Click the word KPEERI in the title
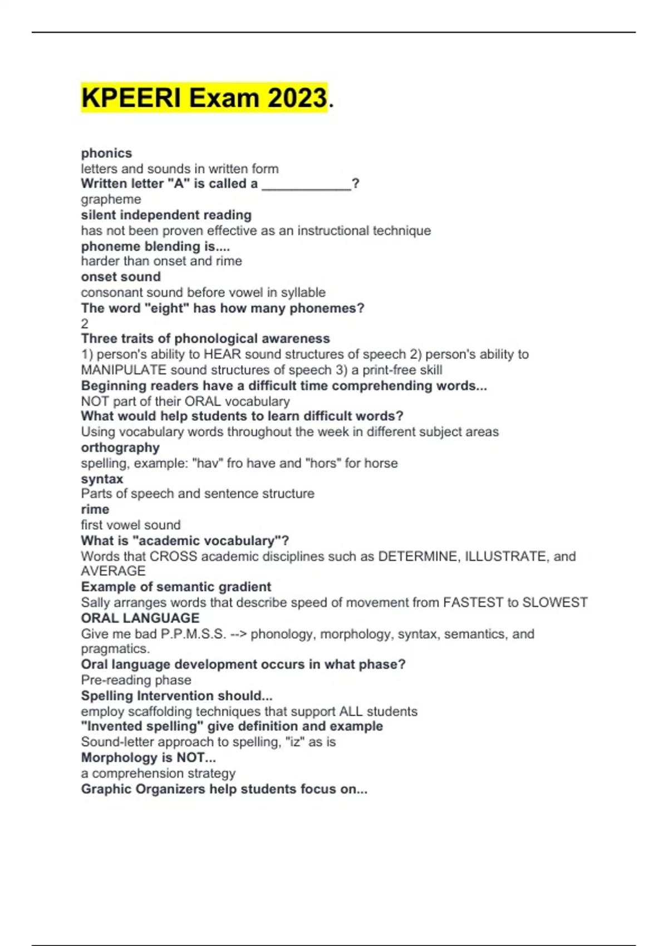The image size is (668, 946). click(131, 98)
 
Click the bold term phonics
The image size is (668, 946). click(106, 153)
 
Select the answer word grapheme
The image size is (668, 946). click(111, 199)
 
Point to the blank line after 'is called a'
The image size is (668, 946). click(306, 185)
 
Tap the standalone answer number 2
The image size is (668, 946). click(85, 323)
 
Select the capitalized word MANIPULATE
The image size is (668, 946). click(124, 370)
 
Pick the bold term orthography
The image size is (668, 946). click(120, 447)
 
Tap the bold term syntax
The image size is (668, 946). click(102, 479)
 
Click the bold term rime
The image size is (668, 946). click(95, 509)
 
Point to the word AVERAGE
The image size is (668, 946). click(113, 571)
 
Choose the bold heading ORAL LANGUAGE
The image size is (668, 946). click(140, 618)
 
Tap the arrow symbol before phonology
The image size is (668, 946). click(238, 634)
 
